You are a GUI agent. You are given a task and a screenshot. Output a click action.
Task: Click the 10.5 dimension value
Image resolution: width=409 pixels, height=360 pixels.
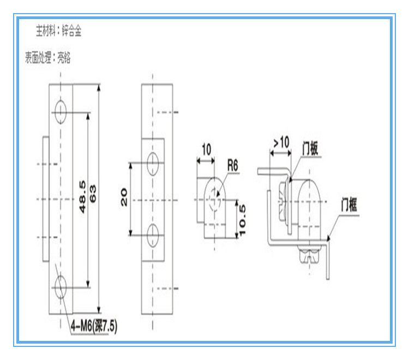click(244, 219)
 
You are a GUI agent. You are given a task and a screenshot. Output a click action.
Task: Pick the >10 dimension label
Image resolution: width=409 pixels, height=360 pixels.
click(281, 143)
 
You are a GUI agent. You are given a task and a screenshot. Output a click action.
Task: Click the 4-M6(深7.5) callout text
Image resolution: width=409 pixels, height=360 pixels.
click(94, 327)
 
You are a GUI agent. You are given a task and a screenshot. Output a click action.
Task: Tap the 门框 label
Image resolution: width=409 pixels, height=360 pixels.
click(349, 206)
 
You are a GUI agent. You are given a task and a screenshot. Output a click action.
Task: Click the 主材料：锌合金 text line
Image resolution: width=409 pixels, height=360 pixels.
click(59, 31)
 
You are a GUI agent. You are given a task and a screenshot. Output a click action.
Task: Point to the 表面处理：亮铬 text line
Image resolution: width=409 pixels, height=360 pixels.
click(48, 57)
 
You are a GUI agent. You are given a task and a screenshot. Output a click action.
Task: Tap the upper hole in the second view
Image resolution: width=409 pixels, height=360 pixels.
click(153, 162)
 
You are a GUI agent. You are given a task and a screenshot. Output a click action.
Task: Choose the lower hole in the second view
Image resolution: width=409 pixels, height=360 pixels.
click(153, 231)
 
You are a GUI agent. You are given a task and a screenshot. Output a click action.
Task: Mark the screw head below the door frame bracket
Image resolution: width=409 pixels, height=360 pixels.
click(308, 252)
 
